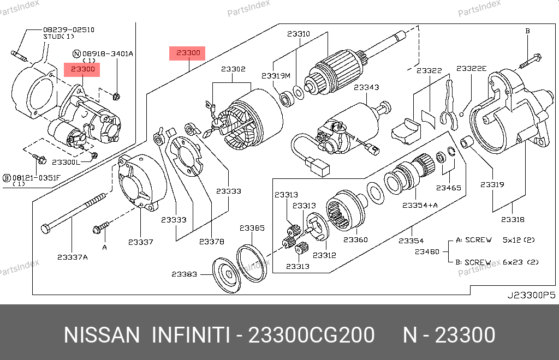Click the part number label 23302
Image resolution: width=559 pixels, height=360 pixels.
(x=233, y=69)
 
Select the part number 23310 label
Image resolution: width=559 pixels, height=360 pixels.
(x=299, y=34)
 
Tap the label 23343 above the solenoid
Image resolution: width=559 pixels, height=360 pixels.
(x=366, y=87)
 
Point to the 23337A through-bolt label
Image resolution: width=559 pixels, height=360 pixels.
(x=73, y=257)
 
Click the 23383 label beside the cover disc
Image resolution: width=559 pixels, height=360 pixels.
(x=184, y=274)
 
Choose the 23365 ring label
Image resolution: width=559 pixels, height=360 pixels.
(x=252, y=228)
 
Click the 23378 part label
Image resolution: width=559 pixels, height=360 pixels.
(x=211, y=242)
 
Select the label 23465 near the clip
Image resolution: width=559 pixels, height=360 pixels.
(x=449, y=188)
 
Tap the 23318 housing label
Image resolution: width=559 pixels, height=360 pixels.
(x=513, y=220)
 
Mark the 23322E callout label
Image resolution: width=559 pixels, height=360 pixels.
(x=471, y=68)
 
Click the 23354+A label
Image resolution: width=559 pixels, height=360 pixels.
(x=420, y=206)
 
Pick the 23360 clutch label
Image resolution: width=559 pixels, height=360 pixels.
(x=355, y=240)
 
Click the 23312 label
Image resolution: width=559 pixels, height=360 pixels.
(x=324, y=255)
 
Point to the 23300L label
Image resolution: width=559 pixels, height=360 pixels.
(x=66, y=163)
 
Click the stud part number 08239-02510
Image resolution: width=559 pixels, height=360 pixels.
(x=69, y=30)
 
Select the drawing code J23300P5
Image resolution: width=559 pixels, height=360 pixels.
(x=531, y=295)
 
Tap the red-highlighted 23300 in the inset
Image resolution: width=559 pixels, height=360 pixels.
(x=82, y=70)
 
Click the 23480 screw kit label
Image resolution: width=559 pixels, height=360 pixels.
(x=427, y=252)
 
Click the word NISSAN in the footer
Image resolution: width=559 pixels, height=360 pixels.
(x=102, y=335)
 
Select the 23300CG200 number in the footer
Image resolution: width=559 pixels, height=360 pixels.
(x=311, y=335)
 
